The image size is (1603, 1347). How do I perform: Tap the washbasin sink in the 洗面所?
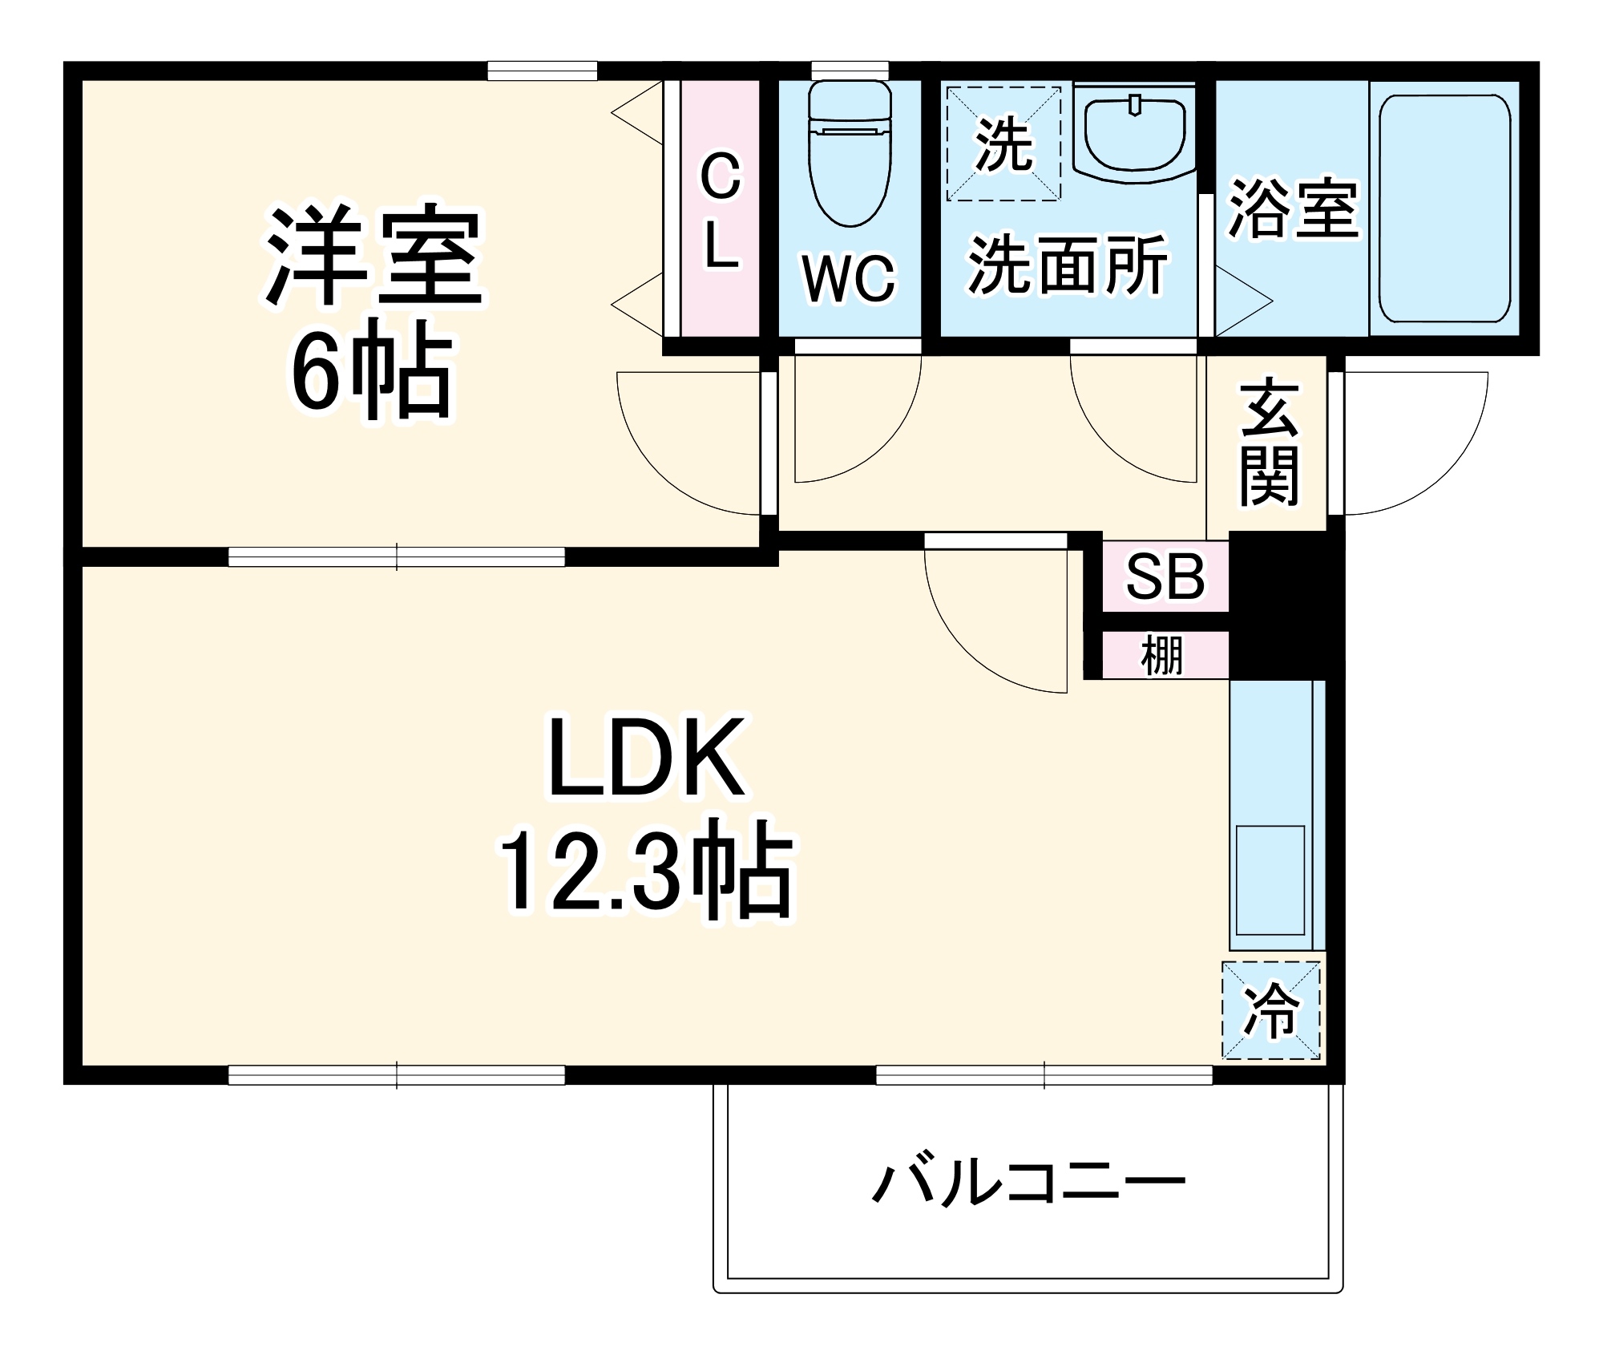pos(1134,132)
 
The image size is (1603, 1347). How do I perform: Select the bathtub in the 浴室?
pos(1444,208)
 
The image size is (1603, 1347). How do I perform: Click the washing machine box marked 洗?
pos(1003,144)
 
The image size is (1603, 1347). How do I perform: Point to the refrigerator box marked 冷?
pos(1270,1011)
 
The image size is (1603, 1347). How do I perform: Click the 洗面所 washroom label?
pos(1068,265)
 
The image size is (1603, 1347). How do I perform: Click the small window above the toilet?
pos(850,70)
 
